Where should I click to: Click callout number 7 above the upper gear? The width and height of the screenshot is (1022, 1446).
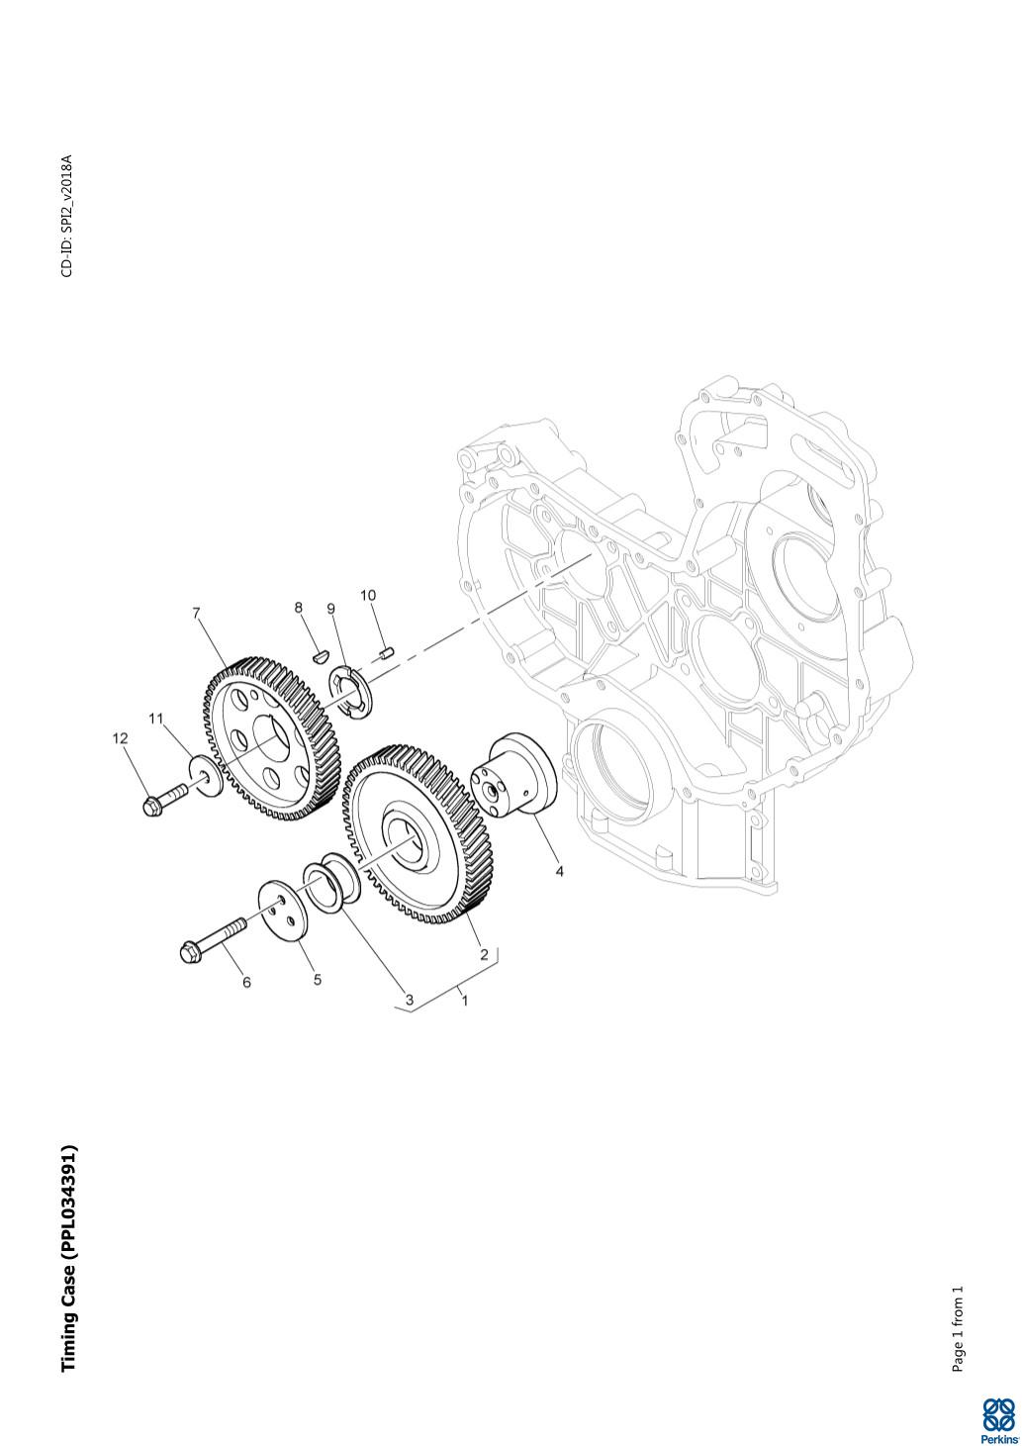(x=197, y=613)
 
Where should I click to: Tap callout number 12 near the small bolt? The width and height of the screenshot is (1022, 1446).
(x=121, y=738)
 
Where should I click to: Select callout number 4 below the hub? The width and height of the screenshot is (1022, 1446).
(x=560, y=872)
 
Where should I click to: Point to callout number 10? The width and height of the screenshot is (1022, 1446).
(x=368, y=595)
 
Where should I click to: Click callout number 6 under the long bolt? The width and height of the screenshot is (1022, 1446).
(x=246, y=983)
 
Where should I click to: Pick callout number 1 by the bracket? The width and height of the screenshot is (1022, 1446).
(x=464, y=1001)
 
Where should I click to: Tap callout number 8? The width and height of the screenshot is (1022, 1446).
(x=298, y=608)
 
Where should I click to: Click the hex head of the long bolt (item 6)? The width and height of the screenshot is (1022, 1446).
(x=191, y=952)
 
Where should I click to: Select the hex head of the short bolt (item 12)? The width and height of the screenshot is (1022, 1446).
(x=152, y=805)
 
